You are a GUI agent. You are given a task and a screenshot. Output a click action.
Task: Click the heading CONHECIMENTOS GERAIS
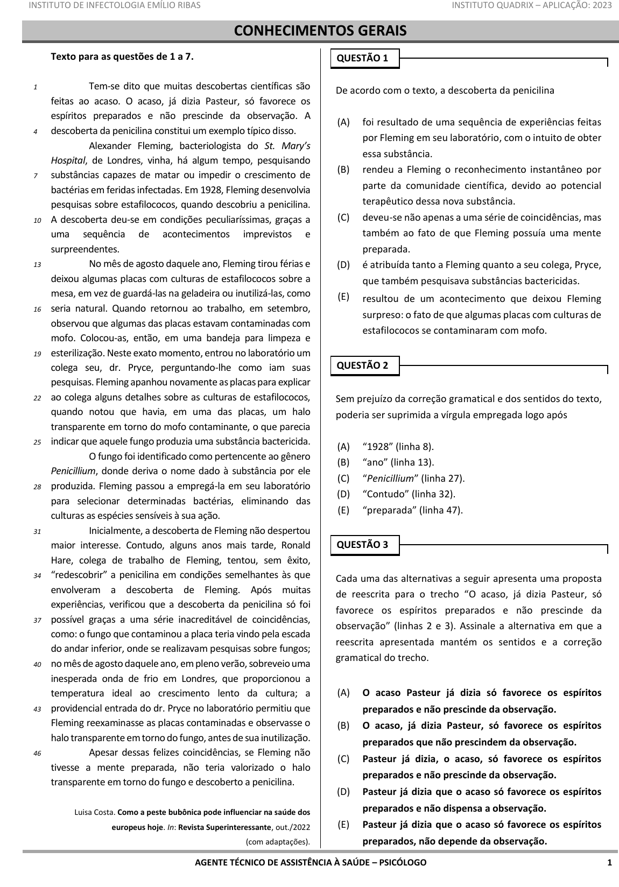[320, 31]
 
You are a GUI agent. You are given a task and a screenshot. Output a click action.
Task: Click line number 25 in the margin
[37, 443]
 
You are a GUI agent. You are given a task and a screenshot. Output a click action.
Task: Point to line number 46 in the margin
[37, 754]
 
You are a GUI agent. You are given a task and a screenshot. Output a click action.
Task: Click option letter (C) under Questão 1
[343, 217]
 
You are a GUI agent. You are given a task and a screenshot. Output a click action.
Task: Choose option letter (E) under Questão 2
[343, 510]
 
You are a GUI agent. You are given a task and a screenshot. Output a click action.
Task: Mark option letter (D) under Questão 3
[343, 792]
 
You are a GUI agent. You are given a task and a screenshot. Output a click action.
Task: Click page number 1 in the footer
[609, 863]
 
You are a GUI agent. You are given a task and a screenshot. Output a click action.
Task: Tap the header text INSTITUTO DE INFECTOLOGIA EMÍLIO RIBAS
[114, 5]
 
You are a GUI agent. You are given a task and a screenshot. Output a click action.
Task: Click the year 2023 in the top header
[602, 5]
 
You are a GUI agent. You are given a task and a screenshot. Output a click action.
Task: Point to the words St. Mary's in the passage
[287, 146]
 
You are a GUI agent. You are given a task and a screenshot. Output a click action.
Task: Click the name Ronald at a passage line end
[296, 545]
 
